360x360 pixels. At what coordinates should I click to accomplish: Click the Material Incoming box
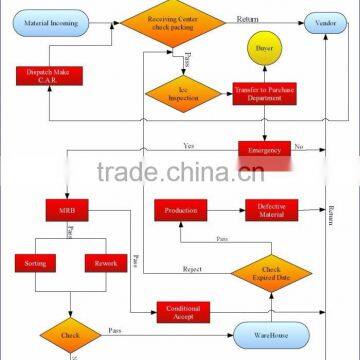(49, 21)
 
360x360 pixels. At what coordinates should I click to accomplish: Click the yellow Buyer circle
(263, 47)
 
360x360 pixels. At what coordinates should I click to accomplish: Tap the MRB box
(66, 210)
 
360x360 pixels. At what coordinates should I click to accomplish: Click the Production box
(180, 210)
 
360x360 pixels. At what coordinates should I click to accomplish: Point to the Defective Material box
(272, 210)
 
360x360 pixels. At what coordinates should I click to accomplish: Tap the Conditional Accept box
(182, 312)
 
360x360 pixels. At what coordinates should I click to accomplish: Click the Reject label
(193, 269)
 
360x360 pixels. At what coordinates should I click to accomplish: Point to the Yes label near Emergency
(188, 145)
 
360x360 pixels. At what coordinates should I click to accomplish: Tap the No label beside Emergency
(298, 146)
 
